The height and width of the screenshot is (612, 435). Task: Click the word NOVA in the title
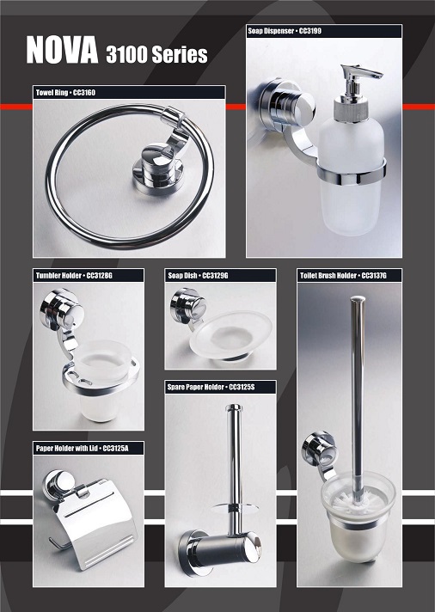62,50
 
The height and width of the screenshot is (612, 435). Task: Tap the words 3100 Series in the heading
156,54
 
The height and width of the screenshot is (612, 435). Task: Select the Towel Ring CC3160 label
65,93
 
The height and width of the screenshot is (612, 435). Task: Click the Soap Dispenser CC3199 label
285,31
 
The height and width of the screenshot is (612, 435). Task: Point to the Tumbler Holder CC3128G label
74,276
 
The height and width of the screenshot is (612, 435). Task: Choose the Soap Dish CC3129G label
198,276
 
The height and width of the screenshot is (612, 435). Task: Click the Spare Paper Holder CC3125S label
211,387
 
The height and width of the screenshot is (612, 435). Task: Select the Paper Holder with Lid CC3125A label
82,448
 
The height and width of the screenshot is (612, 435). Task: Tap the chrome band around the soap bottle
352,174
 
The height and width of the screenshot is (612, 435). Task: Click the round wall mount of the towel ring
158,167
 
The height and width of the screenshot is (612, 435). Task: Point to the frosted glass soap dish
230,334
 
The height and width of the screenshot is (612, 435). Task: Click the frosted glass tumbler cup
101,381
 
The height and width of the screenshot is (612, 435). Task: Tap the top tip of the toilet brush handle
358,299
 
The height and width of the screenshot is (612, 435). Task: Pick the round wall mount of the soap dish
187,307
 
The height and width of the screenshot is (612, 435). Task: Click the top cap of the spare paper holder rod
234,408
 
